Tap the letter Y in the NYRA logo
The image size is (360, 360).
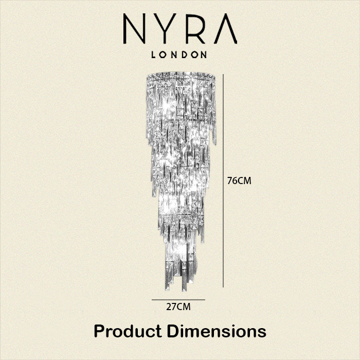(165, 28)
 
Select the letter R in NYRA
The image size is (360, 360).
(195, 28)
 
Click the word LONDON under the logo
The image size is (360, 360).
(179, 55)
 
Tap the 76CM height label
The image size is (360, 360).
(239, 181)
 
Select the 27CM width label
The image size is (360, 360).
(178, 307)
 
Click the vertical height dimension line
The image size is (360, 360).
(223, 181)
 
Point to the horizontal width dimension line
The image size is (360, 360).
(178, 300)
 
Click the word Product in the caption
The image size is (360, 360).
(128, 331)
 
